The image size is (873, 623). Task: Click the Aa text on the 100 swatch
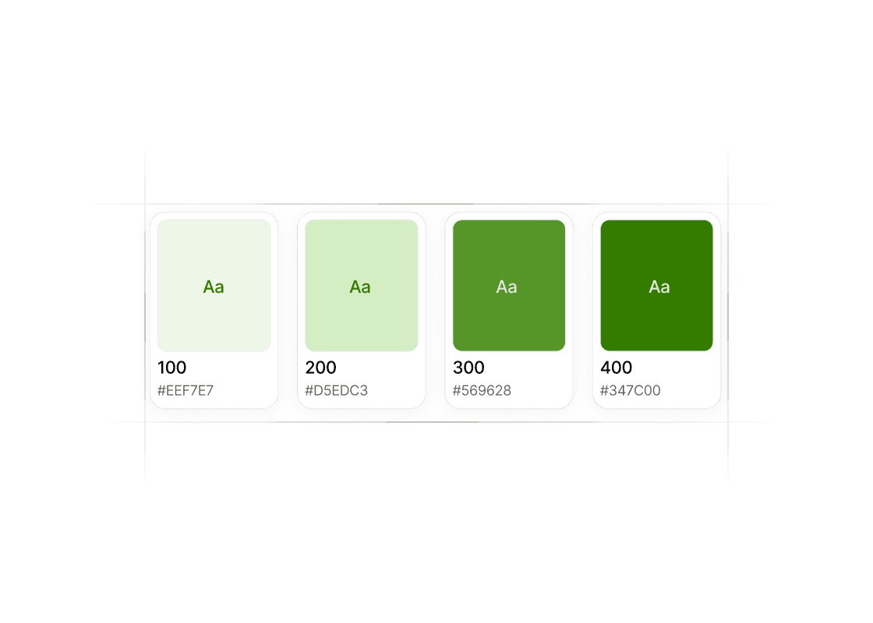click(214, 287)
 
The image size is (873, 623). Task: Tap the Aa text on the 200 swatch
click(359, 287)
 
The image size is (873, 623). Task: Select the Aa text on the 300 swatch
click(507, 287)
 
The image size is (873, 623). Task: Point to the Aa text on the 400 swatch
click(659, 287)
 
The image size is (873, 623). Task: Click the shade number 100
click(172, 367)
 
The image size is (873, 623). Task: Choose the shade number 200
click(320, 367)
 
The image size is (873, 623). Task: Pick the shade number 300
click(468, 367)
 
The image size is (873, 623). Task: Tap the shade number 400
click(617, 367)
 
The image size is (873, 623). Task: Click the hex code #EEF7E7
click(186, 390)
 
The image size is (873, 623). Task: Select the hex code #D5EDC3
click(336, 390)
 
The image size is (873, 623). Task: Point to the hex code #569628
click(482, 390)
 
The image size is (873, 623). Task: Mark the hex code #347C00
click(631, 390)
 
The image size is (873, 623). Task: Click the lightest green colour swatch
click(214, 285)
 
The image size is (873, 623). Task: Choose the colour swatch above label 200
click(362, 285)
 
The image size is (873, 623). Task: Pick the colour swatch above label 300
click(509, 285)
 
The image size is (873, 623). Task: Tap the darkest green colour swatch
click(656, 285)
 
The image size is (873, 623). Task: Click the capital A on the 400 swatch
click(654, 287)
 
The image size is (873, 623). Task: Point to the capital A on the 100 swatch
click(208, 287)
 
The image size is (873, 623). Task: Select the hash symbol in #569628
click(457, 390)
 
